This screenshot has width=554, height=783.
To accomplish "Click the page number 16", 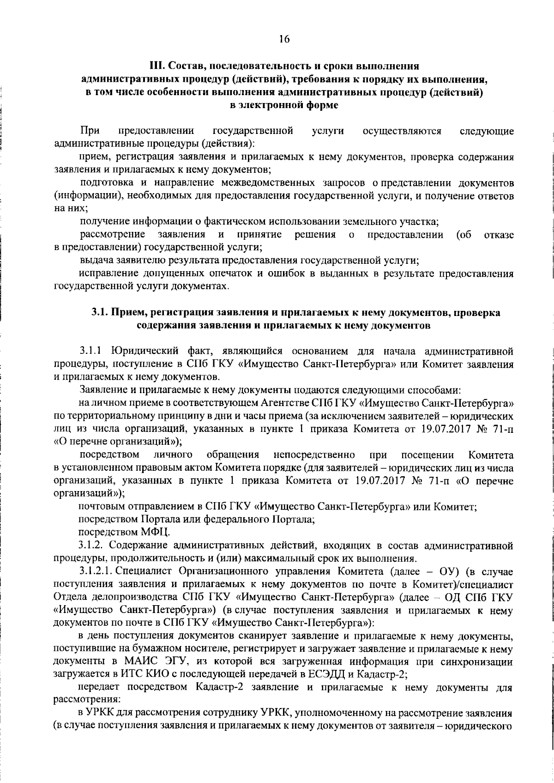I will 283,39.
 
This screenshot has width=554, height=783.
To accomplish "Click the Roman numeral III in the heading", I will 156,66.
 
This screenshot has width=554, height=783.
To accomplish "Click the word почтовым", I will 98,507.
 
